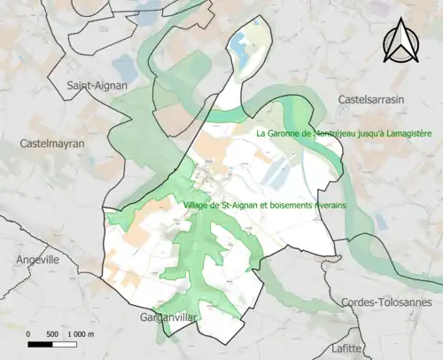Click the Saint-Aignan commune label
click(97, 86)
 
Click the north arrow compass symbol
click(401, 42)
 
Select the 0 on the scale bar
click(28, 333)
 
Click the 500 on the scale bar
click(52, 333)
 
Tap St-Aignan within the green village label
click(237, 206)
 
